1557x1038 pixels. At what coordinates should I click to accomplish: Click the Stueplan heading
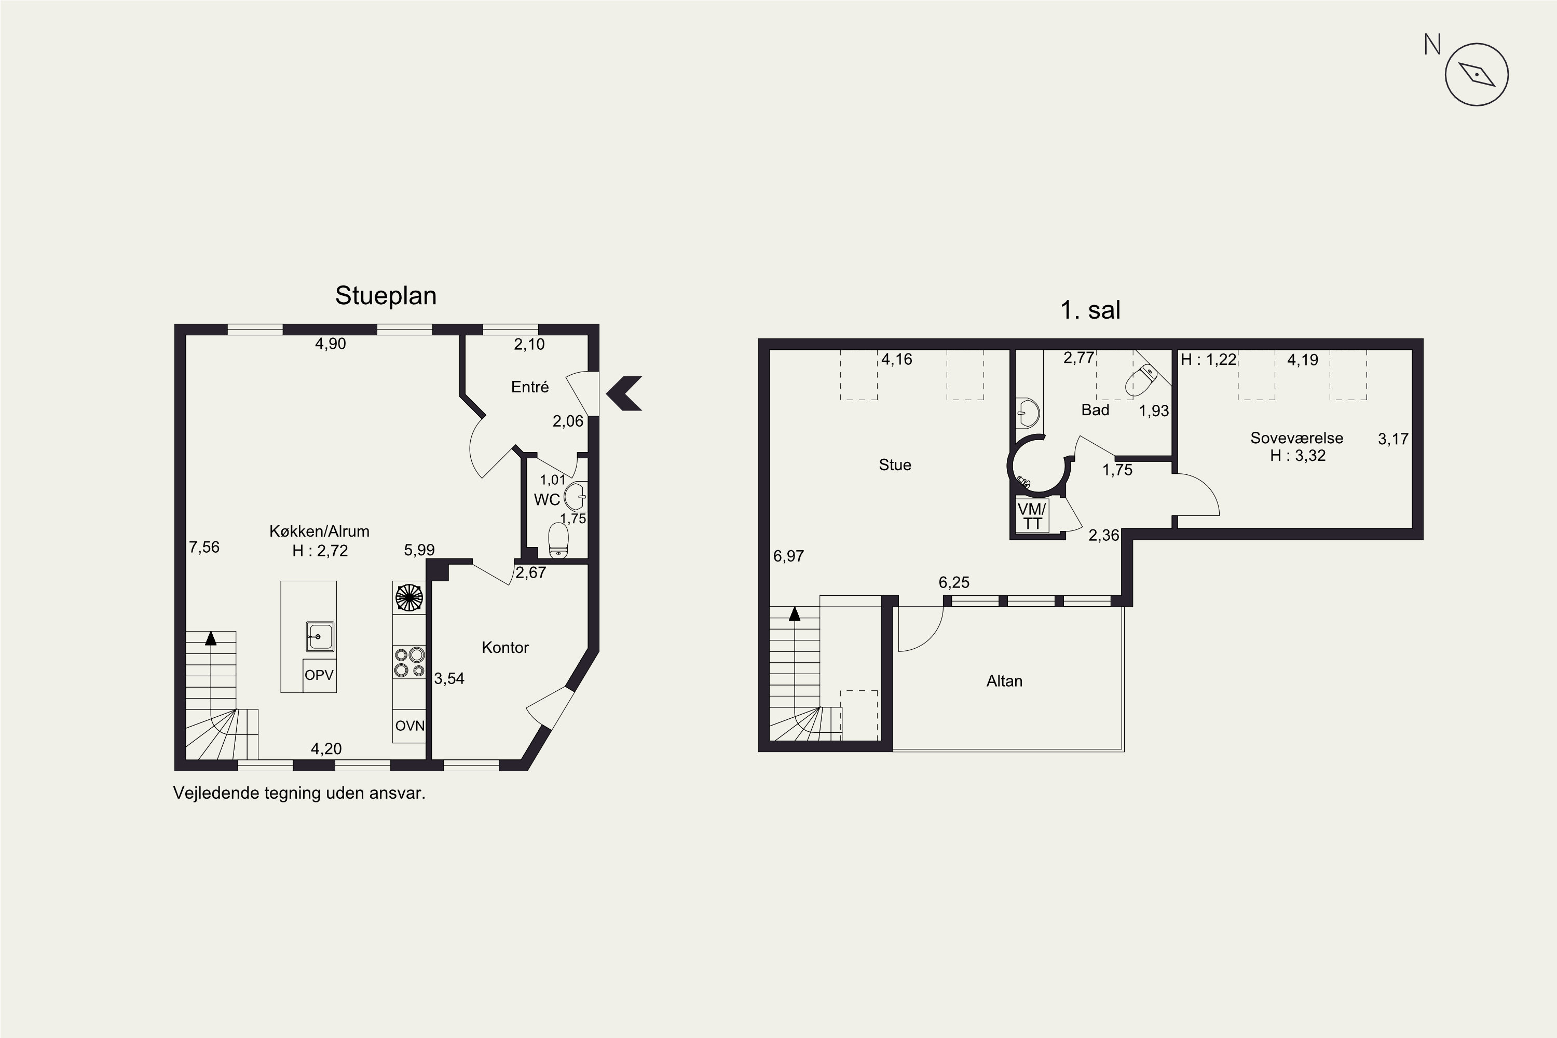point(386,296)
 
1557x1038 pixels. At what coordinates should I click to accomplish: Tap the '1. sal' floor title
point(1090,310)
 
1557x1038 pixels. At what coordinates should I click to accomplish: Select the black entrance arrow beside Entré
point(624,393)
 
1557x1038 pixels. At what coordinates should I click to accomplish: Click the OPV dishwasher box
point(320,675)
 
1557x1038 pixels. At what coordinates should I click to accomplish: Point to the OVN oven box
point(409,726)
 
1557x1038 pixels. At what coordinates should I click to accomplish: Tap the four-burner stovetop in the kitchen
point(409,663)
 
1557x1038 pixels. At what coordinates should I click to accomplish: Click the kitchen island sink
point(320,636)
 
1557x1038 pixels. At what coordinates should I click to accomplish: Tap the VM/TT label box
point(1032,516)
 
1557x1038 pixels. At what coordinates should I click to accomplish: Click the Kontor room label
point(505,647)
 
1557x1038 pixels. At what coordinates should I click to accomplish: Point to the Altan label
point(1004,681)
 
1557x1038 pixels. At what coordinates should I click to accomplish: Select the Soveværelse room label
point(1296,438)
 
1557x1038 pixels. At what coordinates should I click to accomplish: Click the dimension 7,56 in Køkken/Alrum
point(204,547)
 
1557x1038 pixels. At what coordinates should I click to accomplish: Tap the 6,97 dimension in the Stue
point(788,556)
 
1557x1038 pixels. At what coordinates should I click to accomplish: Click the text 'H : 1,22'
point(1208,360)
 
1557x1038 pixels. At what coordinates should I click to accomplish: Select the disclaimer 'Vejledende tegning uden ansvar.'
point(299,793)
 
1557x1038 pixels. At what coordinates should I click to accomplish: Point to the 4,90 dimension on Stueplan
point(330,344)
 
